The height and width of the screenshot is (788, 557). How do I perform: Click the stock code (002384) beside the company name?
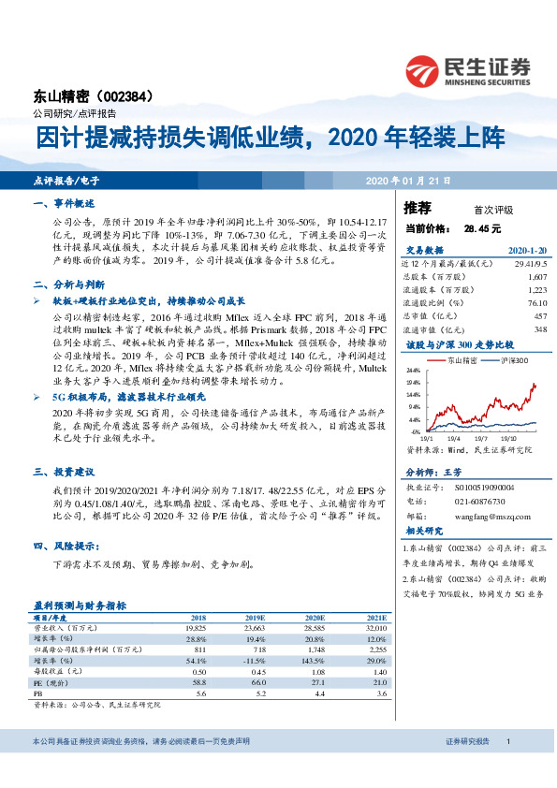(x=126, y=95)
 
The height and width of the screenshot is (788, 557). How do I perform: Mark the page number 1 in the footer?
(x=507, y=741)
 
